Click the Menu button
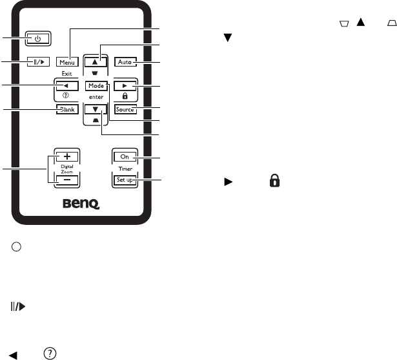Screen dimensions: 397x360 (x=66, y=62)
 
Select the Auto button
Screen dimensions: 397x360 (x=125, y=62)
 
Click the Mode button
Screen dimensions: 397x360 (x=96, y=85)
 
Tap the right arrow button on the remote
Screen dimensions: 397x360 (x=125, y=85)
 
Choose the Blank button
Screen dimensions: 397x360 (x=66, y=109)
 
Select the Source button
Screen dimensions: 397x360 (x=125, y=109)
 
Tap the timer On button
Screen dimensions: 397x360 (x=125, y=156)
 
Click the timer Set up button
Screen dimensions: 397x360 (x=125, y=180)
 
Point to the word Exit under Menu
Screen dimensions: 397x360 (x=66, y=74)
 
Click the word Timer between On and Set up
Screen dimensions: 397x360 (x=125, y=168)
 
